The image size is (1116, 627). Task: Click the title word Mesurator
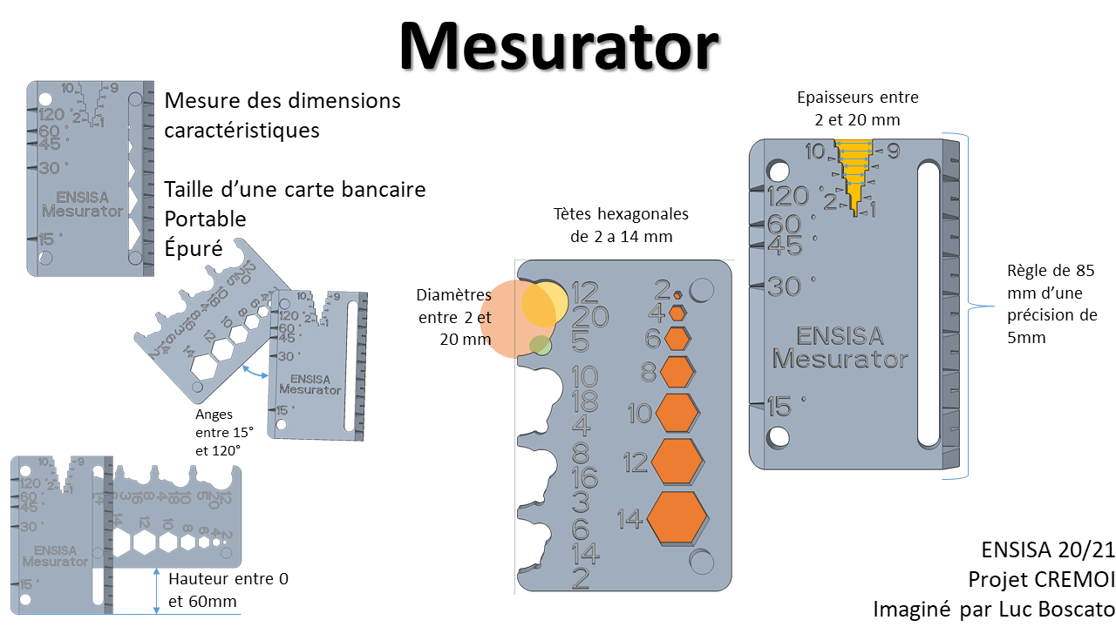(x=559, y=45)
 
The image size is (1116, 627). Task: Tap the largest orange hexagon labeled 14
(x=677, y=517)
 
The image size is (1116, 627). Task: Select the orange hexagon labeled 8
(x=677, y=372)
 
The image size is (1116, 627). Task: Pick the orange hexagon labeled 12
(x=677, y=462)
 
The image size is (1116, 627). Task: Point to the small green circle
(x=540, y=345)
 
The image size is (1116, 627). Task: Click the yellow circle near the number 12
(x=545, y=302)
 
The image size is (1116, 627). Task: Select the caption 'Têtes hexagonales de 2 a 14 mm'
(x=620, y=225)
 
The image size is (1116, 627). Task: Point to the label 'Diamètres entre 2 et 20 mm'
(x=454, y=317)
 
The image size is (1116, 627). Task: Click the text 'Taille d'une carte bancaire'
(x=295, y=188)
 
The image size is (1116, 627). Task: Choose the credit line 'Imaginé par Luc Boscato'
(x=993, y=608)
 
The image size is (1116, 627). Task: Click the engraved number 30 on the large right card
(x=784, y=286)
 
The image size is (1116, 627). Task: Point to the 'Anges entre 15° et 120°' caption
(x=224, y=433)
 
